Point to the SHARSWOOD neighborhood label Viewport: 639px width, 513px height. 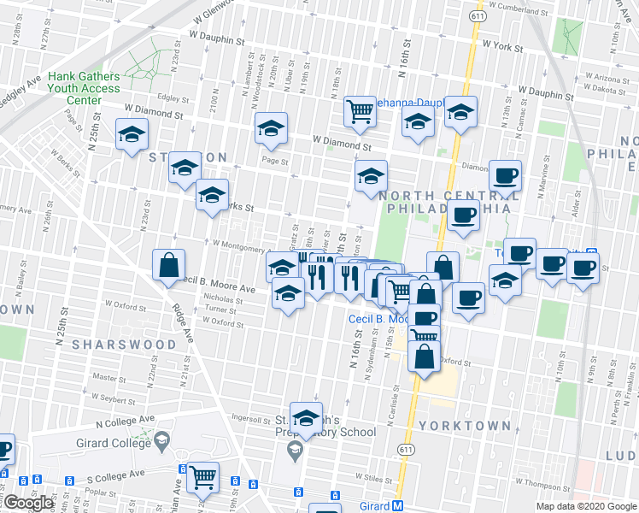[x=124, y=344]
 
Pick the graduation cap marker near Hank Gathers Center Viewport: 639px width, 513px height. [x=132, y=135]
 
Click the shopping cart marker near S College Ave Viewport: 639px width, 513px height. [x=202, y=478]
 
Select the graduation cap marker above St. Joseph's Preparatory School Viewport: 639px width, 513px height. [x=305, y=418]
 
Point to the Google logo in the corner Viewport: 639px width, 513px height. [x=28, y=504]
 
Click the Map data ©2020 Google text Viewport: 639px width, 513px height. [x=586, y=506]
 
